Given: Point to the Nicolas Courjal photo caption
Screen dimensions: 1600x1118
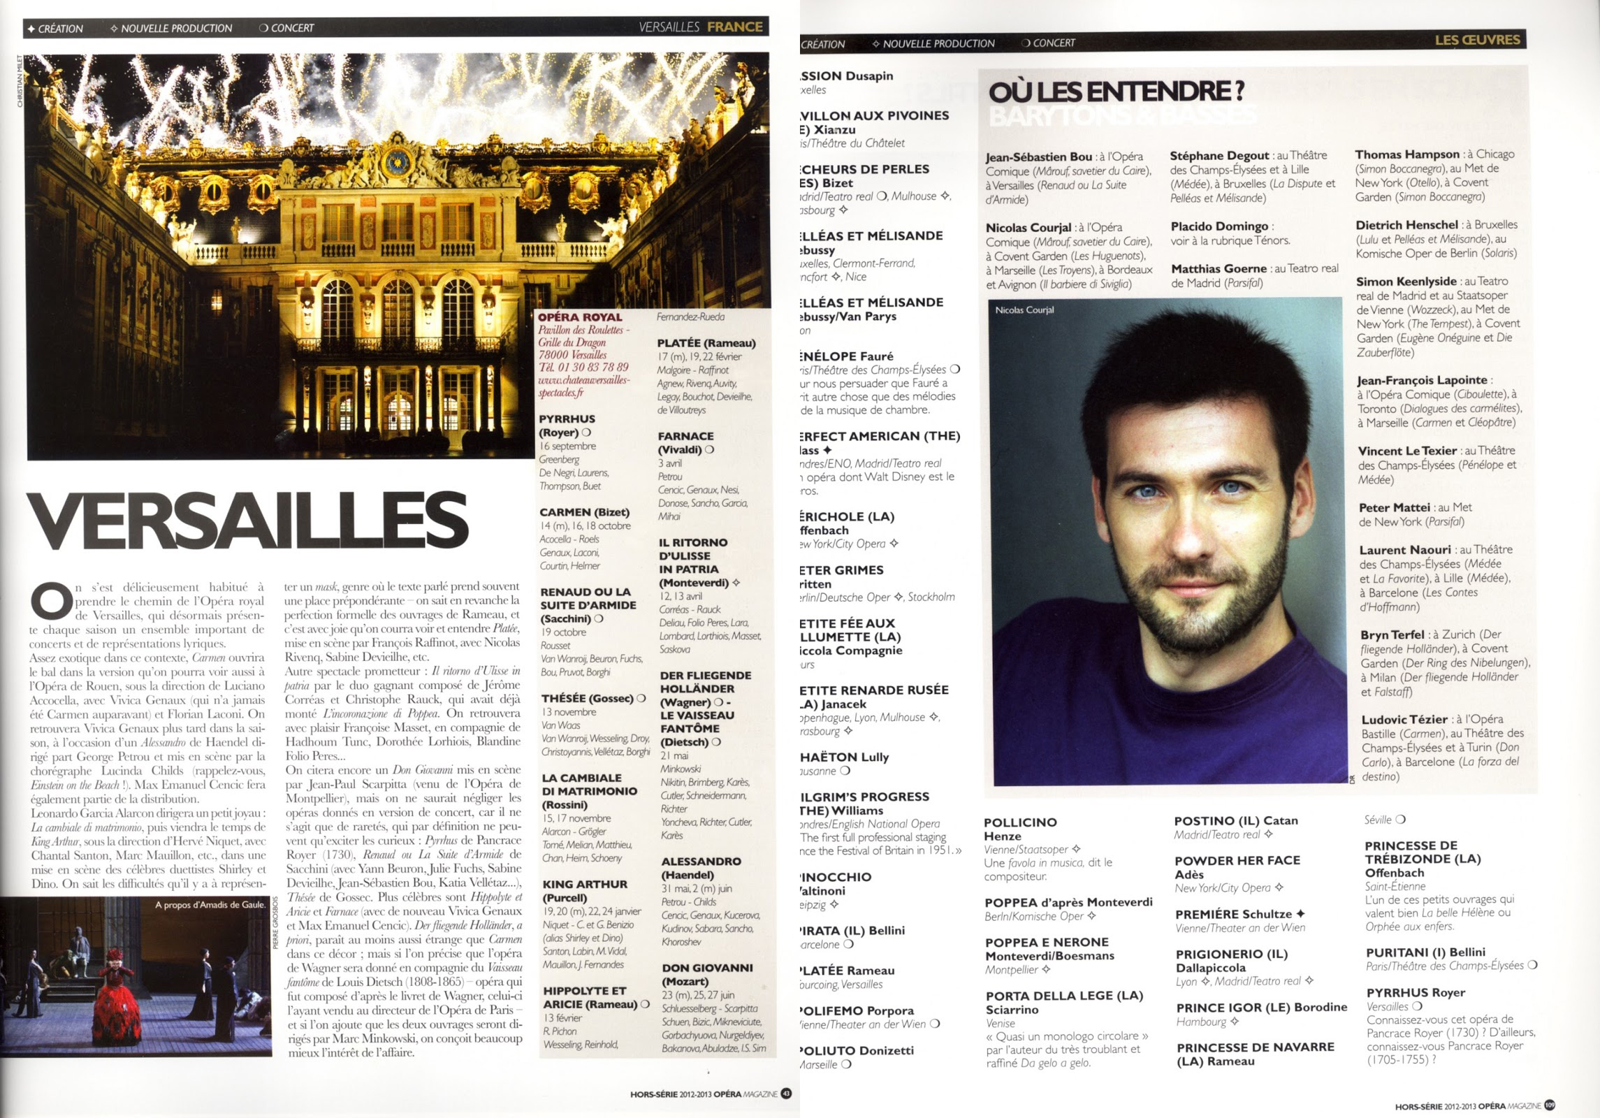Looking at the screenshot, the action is click(x=1024, y=310).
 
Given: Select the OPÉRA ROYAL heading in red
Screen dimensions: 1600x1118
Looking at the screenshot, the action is click(x=580, y=317).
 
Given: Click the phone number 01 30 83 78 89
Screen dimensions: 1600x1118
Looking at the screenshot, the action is click(x=583, y=367).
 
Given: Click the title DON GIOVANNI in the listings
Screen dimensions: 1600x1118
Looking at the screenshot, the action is click(x=706, y=968).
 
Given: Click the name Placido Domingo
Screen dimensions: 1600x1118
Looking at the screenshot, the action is click(x=1219, y=226).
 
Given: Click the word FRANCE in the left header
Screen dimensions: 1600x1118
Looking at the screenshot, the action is click(x=734, y=27).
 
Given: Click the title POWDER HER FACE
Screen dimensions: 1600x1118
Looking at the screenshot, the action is click(x=1237, y=860).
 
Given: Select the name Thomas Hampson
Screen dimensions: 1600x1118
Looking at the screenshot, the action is click(x=1406, y=154).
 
